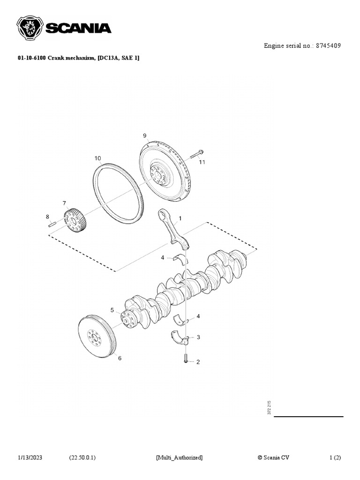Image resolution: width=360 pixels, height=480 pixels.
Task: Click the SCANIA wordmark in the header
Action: click(78, 29)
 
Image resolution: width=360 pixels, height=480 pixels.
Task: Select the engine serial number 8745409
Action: click(328, 46)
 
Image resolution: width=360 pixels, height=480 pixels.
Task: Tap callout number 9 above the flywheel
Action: click(145, 135)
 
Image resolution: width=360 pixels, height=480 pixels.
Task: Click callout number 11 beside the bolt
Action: click(202, 162)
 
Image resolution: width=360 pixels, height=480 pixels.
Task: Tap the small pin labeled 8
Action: click(52, 224)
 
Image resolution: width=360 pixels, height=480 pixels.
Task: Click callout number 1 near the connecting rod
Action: click(180, 218)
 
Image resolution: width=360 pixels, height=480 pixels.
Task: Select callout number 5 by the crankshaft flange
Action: click(112, 310)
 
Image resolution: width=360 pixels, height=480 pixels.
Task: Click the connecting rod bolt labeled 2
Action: click(186, 359)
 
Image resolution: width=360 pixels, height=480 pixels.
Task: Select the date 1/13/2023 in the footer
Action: click(30, 457)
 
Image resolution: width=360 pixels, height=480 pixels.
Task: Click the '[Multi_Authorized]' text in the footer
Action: click(179, 457)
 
